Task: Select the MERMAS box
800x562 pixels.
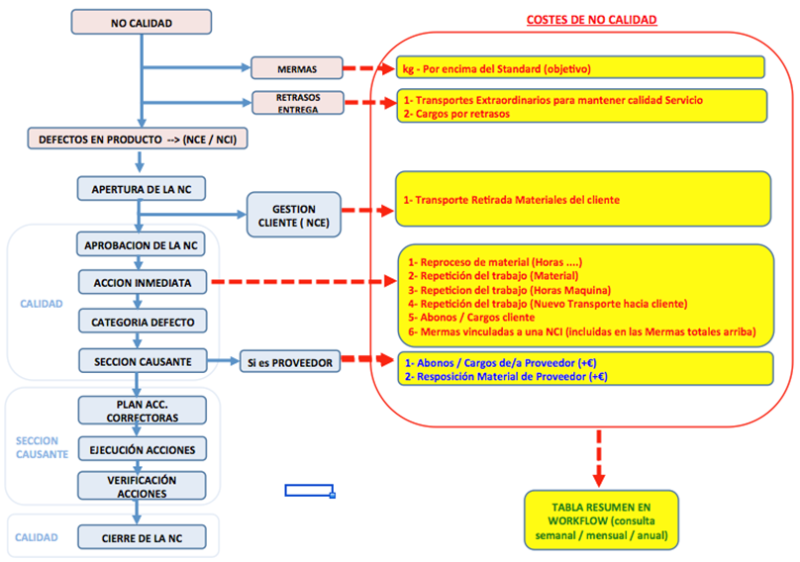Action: (x=297, y=68)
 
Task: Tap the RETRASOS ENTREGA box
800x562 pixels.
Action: (x=297, y=102)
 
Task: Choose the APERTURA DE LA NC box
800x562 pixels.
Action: (x=142, y=188)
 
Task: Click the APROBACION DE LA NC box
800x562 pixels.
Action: (x=142, y=244)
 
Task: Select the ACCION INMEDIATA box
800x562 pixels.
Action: (x=142, y=282)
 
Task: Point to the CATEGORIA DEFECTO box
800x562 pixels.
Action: (x=142, y=322)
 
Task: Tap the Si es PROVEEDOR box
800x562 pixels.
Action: (x=289, y=362)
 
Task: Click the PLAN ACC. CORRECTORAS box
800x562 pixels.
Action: (x=142, y=410)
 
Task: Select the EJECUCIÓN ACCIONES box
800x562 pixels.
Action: (x=142, y=449)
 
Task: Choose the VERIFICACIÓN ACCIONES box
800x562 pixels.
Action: (x=142, y=485)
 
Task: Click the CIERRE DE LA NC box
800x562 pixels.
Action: (x=142, y=537)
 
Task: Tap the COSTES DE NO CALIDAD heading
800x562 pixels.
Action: (x=591, y=20)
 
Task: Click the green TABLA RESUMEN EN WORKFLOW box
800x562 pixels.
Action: (x=601, y=519)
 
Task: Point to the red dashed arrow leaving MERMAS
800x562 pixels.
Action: (x=367, y=68)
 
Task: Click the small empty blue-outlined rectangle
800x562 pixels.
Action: (x=309, y=490)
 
